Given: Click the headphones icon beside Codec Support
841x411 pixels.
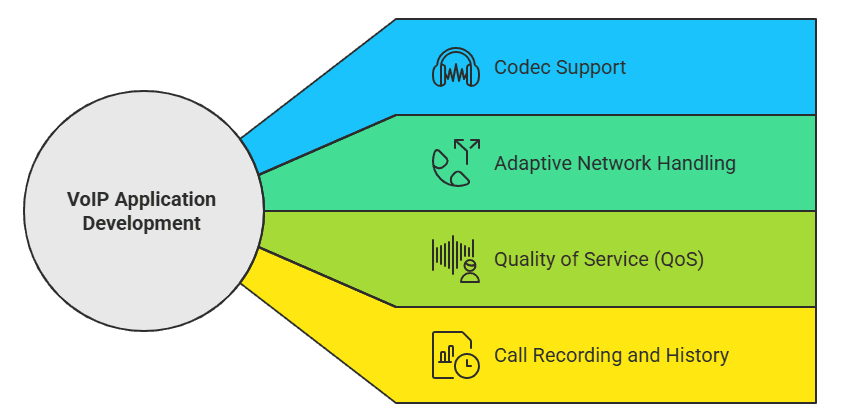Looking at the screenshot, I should pos(455,67).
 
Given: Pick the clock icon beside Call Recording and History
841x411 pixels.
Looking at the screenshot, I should pos(466,366).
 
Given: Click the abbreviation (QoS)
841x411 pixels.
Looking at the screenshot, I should pos(679,259).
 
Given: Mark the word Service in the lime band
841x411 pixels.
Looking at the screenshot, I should pos(616,259).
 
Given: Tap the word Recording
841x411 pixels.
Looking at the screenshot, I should pos(572,355).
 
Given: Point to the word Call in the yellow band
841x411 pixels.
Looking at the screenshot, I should pos(510,355).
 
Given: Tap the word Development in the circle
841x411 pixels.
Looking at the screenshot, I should pos(141,223).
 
